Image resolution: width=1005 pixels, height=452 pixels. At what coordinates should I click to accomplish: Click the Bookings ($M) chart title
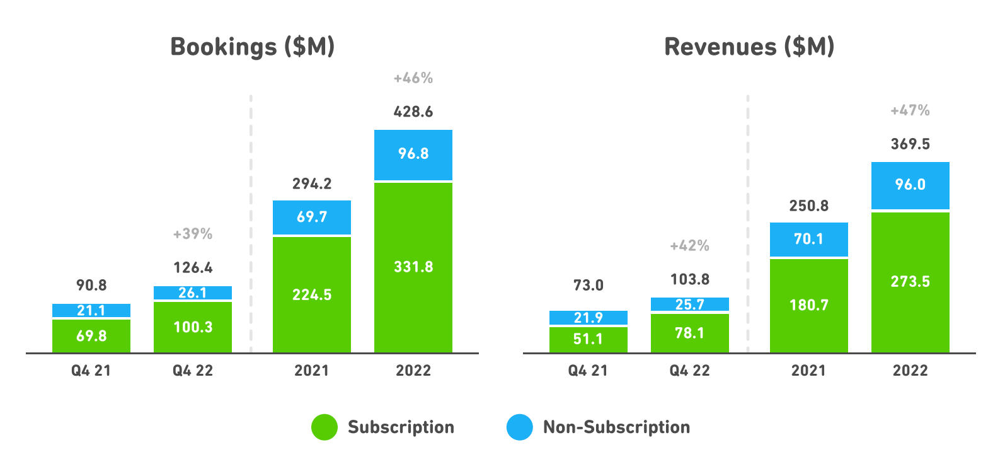pos(252,47)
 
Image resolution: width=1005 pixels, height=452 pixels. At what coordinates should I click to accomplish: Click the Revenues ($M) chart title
pos(749,47)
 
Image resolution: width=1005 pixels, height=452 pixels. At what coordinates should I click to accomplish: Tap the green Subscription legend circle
pos(324,427)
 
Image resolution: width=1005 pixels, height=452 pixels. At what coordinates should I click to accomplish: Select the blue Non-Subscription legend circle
pos(520,427)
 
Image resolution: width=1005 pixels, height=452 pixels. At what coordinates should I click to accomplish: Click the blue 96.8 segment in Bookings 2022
pos(413,154)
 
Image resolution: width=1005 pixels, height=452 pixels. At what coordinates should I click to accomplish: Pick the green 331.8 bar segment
pos(413,267)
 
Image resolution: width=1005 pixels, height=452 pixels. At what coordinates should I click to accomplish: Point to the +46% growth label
pos(413,79)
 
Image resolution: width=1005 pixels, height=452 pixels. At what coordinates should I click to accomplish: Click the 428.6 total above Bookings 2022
pos(413,112)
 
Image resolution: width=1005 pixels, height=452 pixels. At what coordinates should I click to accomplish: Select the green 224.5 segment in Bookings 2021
pos(312,294)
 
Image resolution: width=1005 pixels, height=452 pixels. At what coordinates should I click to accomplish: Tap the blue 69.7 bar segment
pos(312,217)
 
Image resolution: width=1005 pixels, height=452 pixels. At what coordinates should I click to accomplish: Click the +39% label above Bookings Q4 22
pos(193,234)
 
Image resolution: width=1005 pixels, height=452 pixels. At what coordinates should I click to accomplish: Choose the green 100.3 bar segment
pos(193,327)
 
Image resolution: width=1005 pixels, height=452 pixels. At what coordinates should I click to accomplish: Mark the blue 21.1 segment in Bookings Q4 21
pos(91,310)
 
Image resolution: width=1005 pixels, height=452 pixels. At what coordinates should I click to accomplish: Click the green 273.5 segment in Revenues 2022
pos(910,282)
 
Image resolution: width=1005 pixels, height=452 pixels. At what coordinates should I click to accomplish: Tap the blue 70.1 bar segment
pos(808,239)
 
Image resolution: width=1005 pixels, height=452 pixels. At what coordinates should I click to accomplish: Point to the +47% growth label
pos(910,111)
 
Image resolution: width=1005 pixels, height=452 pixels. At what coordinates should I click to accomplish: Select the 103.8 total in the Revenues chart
pos(690,279)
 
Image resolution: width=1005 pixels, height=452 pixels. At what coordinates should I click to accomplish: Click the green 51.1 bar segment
pos(588,339)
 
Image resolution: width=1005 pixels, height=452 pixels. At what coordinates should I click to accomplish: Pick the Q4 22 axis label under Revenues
pos(690,371)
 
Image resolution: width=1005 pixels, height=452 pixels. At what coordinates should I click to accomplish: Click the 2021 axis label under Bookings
pos(312,371)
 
